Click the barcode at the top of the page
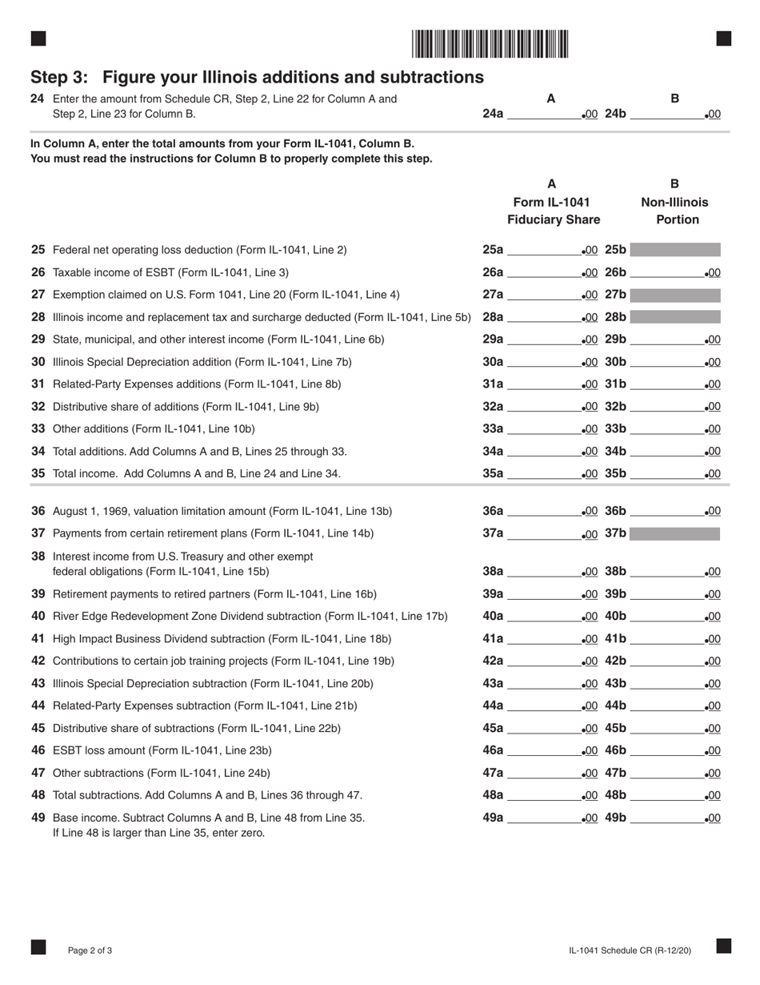(490, 43)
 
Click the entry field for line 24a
(544, 114)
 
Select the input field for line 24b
(667, 114)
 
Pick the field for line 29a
(544, 340)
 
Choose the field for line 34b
(667, 452)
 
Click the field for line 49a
(544, 818)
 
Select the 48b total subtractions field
(667, 796)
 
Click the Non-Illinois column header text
(674, 202)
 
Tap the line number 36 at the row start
(38, 511)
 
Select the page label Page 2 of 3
(90, 951)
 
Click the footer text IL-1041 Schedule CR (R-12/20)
(630, 951)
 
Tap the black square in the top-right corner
(723, 38)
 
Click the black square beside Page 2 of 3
(38, 947)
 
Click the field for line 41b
(667, 639)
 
